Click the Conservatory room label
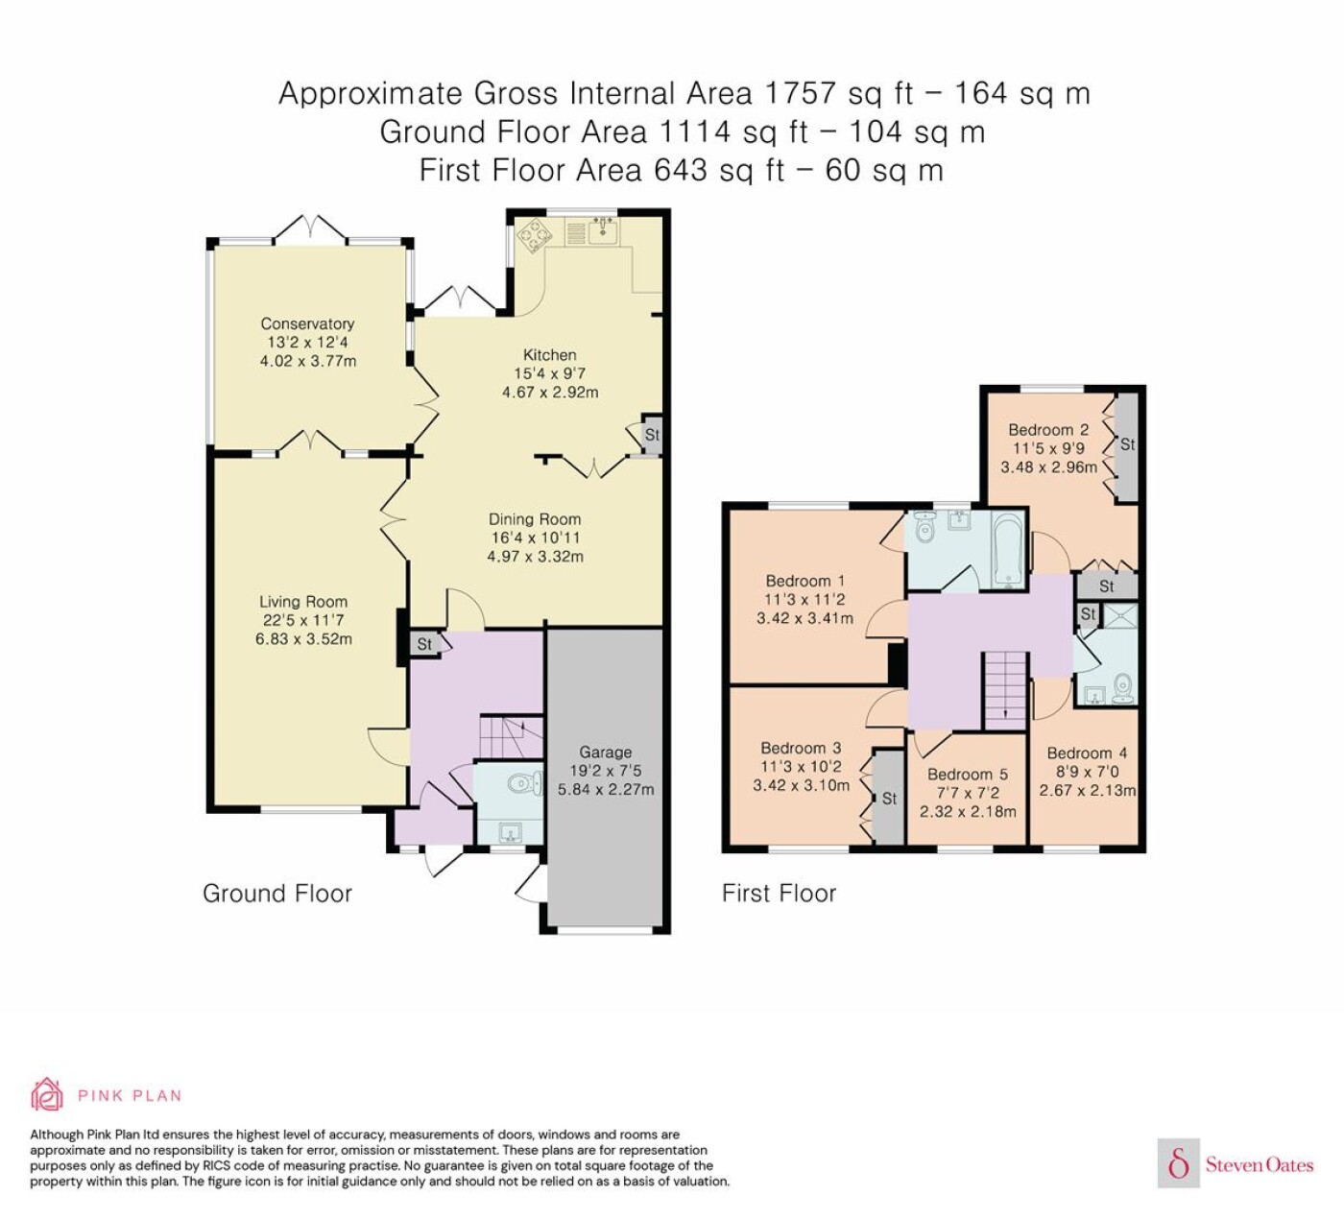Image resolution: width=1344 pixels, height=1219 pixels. (x=307, y=323)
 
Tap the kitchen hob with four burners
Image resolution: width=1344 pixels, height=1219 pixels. (x=535, y=235)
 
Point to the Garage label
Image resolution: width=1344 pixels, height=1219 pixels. (x=606, y=752)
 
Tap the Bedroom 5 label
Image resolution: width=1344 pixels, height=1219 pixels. (x=968, y=774)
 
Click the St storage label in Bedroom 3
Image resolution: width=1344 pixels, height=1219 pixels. (x=889, y=799)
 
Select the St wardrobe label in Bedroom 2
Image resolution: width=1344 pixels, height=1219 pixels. (x=1128, y=443)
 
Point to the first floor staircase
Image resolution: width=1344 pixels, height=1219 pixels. (x=1005, y=690)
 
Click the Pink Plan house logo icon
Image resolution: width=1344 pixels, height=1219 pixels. (x=47, y=1095)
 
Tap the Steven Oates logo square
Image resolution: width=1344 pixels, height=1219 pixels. (x=1179, y=1162)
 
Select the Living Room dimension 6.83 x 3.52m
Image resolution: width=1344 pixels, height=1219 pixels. (x=303, y=638)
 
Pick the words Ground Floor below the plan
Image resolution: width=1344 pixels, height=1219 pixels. (x=277, y=894)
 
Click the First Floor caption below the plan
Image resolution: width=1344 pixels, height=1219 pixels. (x=780, y=894)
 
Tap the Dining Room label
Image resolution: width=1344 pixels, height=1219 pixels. (x=535, y=518)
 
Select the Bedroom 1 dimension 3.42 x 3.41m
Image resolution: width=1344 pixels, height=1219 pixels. (x=805, y=618)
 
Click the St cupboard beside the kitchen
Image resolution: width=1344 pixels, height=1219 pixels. (x=652, y=434)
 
